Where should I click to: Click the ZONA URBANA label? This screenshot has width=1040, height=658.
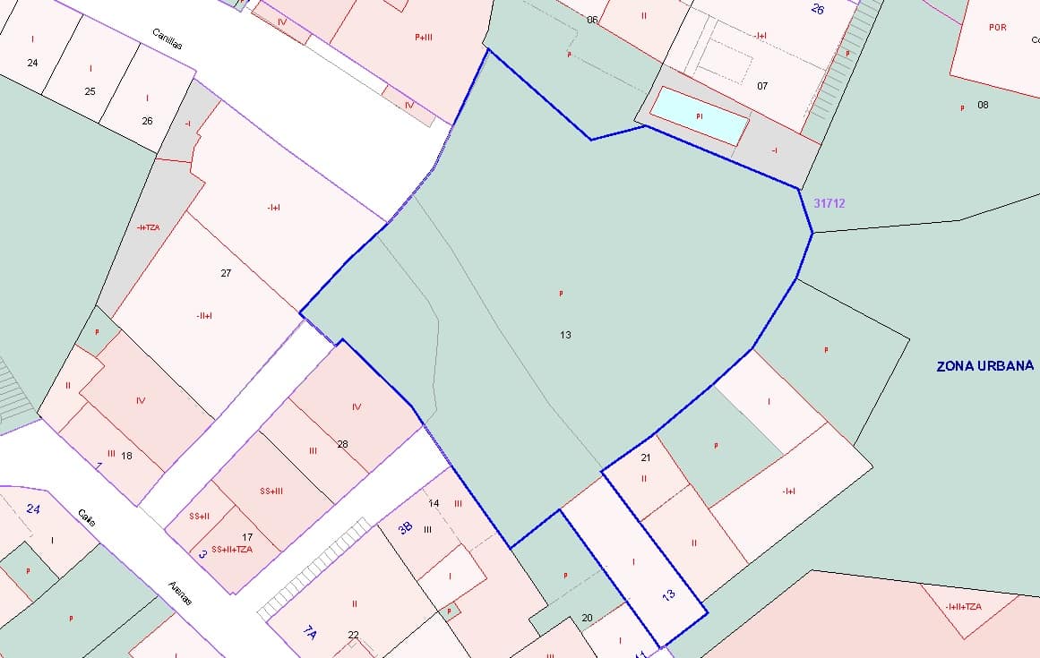pyautogui.click(x=984, y=366)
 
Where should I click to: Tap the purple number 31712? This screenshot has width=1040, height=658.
pyautogui.click(x=829, y=203)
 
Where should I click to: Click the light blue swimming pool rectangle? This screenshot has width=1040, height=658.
pyautogui.click(x=699, y=115)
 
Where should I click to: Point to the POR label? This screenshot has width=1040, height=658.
pyautogui.click(x=997, y=28)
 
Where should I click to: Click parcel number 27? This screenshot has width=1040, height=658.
pyautogui.click(x=226, y=273)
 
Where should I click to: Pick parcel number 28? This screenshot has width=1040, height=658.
pyautogui.click(x=342, y=444)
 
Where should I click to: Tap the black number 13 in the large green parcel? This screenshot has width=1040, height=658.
pyautogui.click(x=565, y=335)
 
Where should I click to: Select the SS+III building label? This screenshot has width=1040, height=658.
pyautogui.click(x=271, y=491)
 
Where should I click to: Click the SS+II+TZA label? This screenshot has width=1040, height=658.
pyautogui.click(x=232, y=549)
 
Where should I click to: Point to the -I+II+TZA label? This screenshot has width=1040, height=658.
pyautogui.click(x=963, y=607)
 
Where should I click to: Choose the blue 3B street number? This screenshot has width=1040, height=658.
pyautogui.click(x=405, y=527)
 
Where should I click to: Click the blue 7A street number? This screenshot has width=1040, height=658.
pyautogui.click(x=310, y=633)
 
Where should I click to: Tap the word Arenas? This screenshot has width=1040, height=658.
pyautogui.click(x=180, y=594)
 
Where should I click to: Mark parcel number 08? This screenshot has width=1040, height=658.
pyautogui.click(x=983, y=105)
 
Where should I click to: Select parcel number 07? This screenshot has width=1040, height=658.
pyautogui.click(x=762, y=86)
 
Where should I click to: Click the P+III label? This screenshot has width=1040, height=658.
pyautogui.click(x=424, y=37)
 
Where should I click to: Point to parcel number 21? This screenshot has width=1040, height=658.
pyautogui.click(x=646, y=457)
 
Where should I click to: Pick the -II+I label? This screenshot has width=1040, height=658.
pyautogui.click(x=204, y=315)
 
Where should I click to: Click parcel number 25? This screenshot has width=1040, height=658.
pyautogui.click(x=90, y=91)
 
